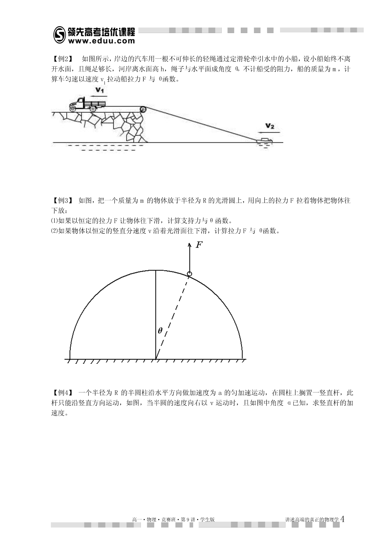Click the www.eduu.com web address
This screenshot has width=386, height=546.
pyautogui.click(x=101, y=41)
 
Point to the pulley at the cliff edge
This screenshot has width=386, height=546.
pyautogui.click(x=143, y=109)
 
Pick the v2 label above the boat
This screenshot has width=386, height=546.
pyautogui.click(x=270, y=126)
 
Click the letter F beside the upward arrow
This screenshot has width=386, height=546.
pyautogui.click(x=199, y=245)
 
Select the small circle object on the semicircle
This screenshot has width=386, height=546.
pyautogui.click(x=190, y=274)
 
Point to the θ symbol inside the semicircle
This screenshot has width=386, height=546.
pyautogui.click(x=160, y=331)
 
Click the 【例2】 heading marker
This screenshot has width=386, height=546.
pyautogui.click(x=61, y=59)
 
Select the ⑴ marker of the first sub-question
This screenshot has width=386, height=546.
pyautogui.click(x=54, y=221)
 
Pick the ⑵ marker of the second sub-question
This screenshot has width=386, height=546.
pyautogui.click(x=54, y=231)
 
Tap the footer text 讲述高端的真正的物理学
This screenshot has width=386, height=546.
pyautogui.click(x=312, y=519)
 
